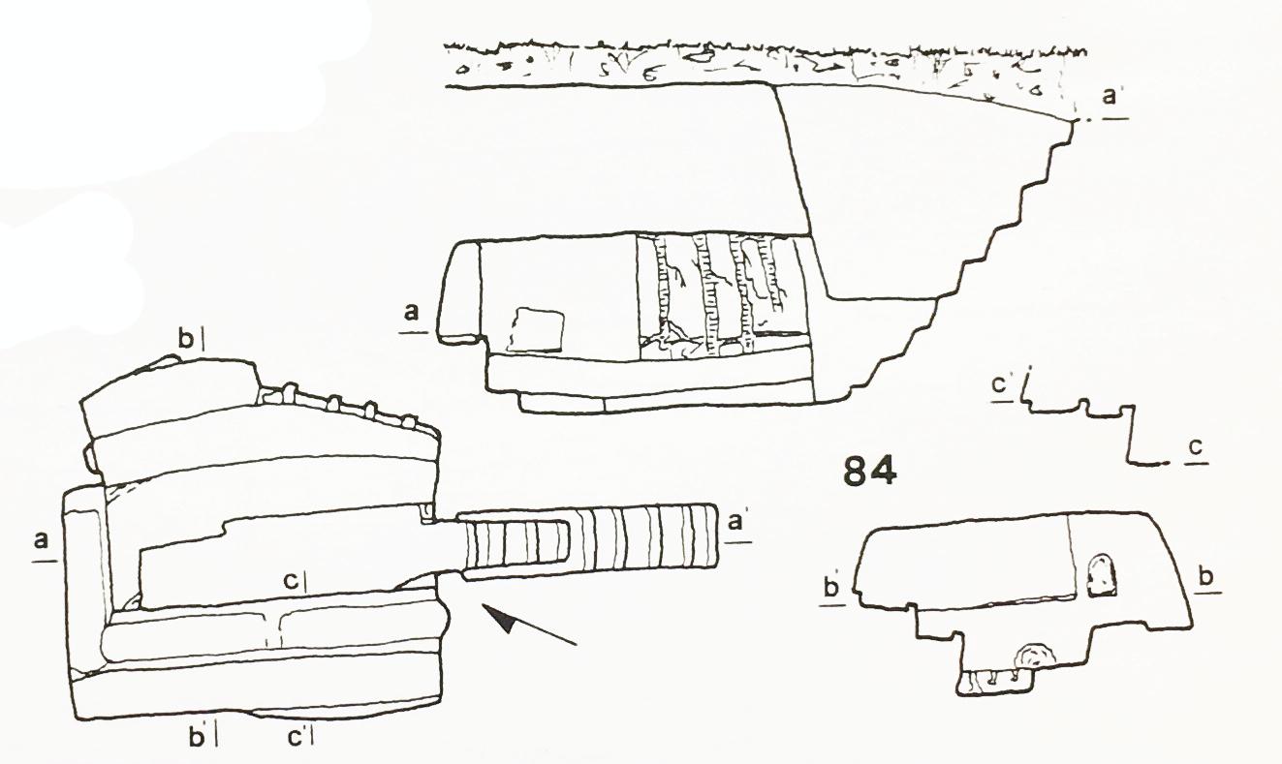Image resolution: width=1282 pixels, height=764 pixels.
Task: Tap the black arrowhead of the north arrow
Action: click(499, 618)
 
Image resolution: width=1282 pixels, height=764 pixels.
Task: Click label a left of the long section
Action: click(412, 314)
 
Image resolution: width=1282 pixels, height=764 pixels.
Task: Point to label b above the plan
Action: click(186, 340)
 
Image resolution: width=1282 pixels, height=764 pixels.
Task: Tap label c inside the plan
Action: click(292, 582)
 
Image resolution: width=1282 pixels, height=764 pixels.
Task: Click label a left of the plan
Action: click(41, 540)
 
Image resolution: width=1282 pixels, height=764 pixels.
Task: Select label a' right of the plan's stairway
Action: click(735, 522)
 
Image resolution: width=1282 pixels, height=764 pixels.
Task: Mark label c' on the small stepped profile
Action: click(1000, 384)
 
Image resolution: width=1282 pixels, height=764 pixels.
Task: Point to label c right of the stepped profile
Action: click(1196, 447)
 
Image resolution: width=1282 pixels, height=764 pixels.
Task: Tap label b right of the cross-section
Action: click(1206, 577)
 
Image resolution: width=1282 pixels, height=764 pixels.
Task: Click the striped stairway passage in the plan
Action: click(589, 542)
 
